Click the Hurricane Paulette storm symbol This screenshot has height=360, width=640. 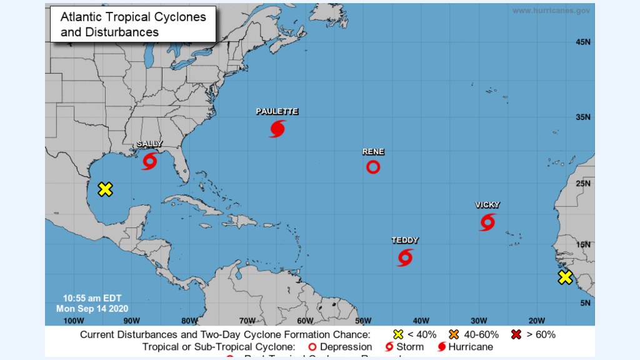tap(277, 129)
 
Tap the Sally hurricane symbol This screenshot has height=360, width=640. tap(149, 162)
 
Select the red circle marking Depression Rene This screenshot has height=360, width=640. tap(373, 167)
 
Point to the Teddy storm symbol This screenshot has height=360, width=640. tap(405, 257)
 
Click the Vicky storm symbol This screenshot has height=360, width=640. tap(487, 222)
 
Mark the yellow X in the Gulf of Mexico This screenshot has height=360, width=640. tap(105, 189)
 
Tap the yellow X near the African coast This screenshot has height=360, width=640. tap(565, 277)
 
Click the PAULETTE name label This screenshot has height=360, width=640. tap(277, 112)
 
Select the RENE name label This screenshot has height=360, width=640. tap(373, 152)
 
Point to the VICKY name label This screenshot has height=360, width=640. tap(487, 205)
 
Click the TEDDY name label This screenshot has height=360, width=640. tap(405, 241)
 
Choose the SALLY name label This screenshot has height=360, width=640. tap(149, 144)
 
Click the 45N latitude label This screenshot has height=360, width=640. tap(582, 42)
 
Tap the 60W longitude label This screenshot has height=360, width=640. tap(304, 321)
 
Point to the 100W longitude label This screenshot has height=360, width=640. tap(73, 321)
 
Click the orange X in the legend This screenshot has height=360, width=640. tap(454, 334)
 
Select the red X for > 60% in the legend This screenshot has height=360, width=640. tap(516, 334)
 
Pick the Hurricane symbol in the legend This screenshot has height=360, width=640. tap(442, 347)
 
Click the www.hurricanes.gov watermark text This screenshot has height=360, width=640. tap(551, 11)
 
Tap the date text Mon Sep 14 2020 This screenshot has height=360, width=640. tap(92, 308)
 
